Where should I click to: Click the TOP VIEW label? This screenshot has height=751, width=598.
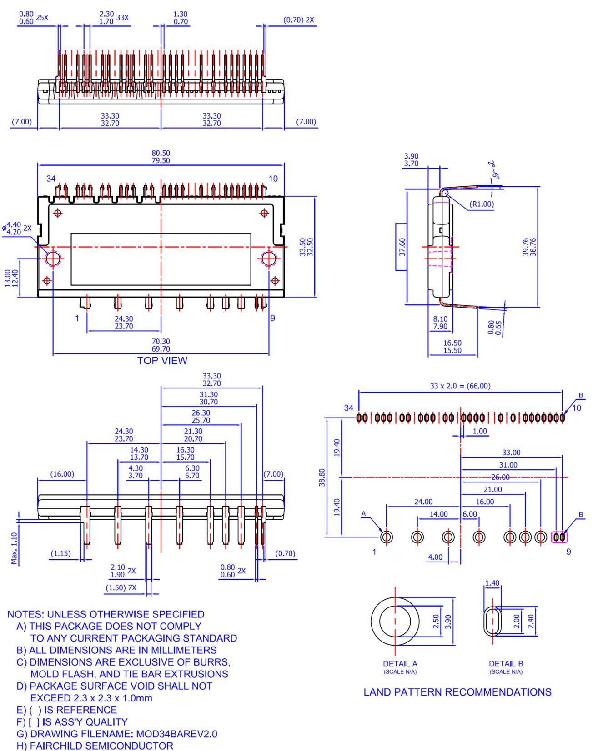coord(162,361)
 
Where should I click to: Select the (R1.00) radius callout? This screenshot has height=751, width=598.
coord(482,204)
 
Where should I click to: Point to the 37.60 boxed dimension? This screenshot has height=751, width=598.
coord(402,247)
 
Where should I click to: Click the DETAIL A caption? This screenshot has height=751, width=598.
coord(400,664)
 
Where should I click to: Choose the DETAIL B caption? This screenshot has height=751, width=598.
coord(506,664)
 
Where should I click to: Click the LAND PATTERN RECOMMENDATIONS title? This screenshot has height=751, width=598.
coord(457,692)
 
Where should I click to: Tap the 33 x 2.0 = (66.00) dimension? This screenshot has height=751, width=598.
coord(460,386)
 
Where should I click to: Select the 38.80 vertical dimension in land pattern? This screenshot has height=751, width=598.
coord(322,477)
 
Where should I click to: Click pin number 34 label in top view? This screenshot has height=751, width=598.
coord(51,179)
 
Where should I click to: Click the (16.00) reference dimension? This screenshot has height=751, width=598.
coord(62,474)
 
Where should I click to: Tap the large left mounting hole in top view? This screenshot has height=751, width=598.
coord(53,259)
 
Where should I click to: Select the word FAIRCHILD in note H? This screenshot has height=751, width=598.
coord(56,746)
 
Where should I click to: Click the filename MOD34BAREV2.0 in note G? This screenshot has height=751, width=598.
coord(170,734)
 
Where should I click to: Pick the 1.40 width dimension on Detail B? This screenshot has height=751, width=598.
coord(492,583)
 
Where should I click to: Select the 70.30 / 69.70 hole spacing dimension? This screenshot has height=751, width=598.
coord(161,345)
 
